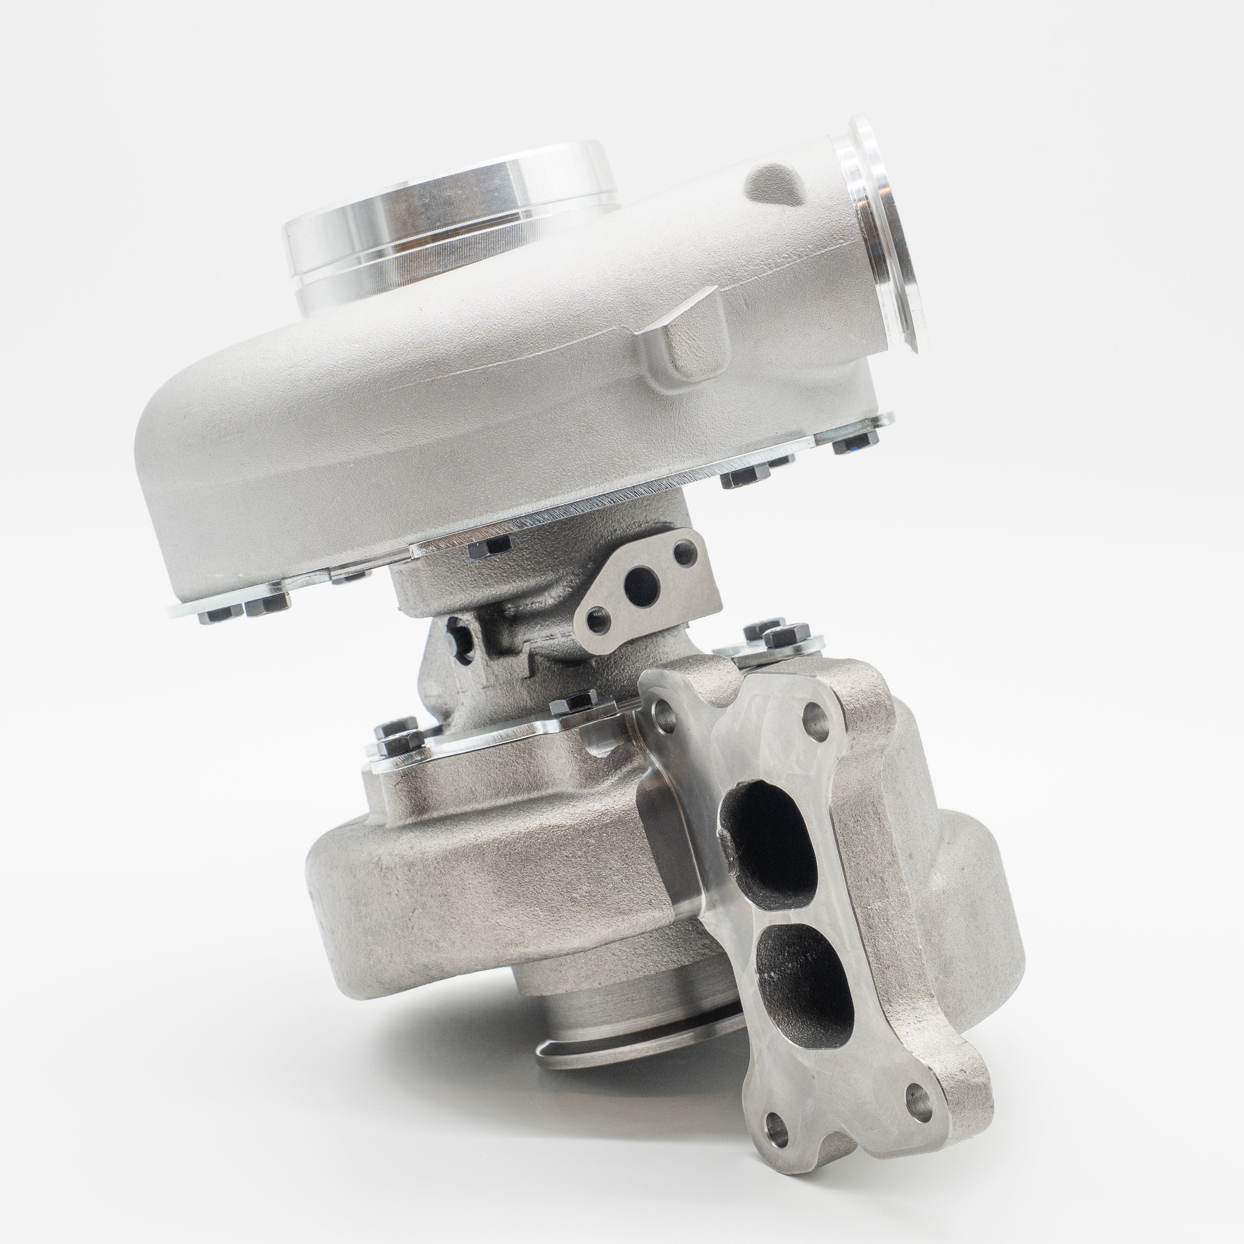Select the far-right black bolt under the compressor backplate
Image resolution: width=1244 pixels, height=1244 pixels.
tap(855, 441)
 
